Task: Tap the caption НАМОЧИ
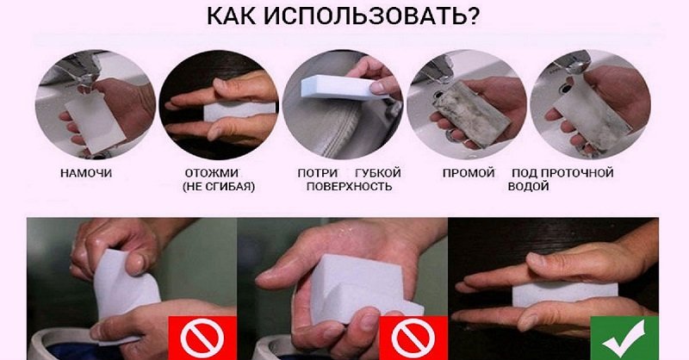(86, 173)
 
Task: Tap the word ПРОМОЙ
(467, 173)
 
